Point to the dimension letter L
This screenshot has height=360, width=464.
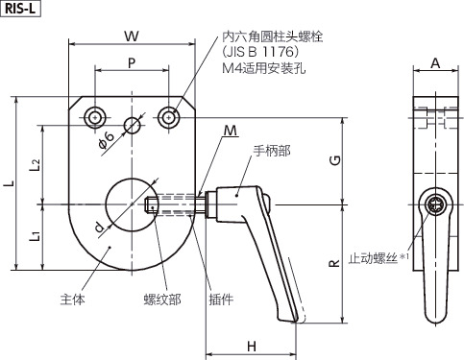pyautogui.click(x=9, y=184)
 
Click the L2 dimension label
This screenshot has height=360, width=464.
pyautogui.click(x=35, y=164)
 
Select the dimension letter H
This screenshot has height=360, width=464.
pyautogui.click(x=249, y=346)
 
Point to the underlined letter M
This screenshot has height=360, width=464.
pyautogui.click(x=231, y=131)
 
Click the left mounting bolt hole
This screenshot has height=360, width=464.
pyautogui.click(x=94, y=118)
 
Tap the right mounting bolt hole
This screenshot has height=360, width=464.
pyautogui.click(x=170, y=118)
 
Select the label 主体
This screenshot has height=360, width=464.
pyautogui.click(x=73, y=299)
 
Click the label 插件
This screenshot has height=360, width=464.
pyautogui.click(x=221, y=299)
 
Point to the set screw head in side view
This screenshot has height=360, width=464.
pyautogui.click(x=437, y=204)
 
